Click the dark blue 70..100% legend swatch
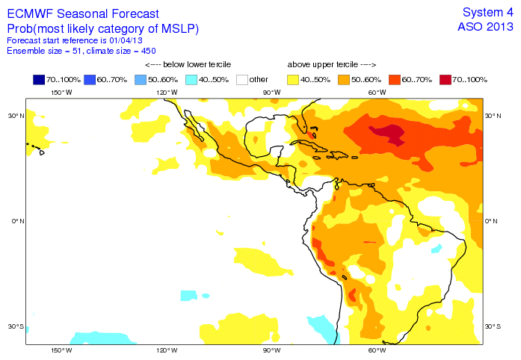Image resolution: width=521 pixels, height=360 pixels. click(40, 79)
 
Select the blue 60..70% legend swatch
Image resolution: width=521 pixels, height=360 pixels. click(90, 79)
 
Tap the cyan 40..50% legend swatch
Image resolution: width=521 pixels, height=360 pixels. click(192, 79)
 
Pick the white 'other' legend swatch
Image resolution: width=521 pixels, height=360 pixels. click(242, 79)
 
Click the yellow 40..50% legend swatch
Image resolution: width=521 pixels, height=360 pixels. click(294, 79)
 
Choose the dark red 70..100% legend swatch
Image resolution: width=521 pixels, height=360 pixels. click(446, 79)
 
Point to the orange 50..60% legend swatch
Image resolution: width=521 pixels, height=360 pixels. click(344, 79)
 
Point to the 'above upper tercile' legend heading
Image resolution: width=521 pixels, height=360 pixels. click(331, 65)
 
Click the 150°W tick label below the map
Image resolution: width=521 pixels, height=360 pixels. click(61, 350)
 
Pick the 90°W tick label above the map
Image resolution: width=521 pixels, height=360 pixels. click(271, 92)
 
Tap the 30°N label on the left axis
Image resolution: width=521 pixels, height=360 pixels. click(16, 117)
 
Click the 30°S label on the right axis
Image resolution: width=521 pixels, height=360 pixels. click(493, 326)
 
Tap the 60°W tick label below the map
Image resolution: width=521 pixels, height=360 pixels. click(377, 350)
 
